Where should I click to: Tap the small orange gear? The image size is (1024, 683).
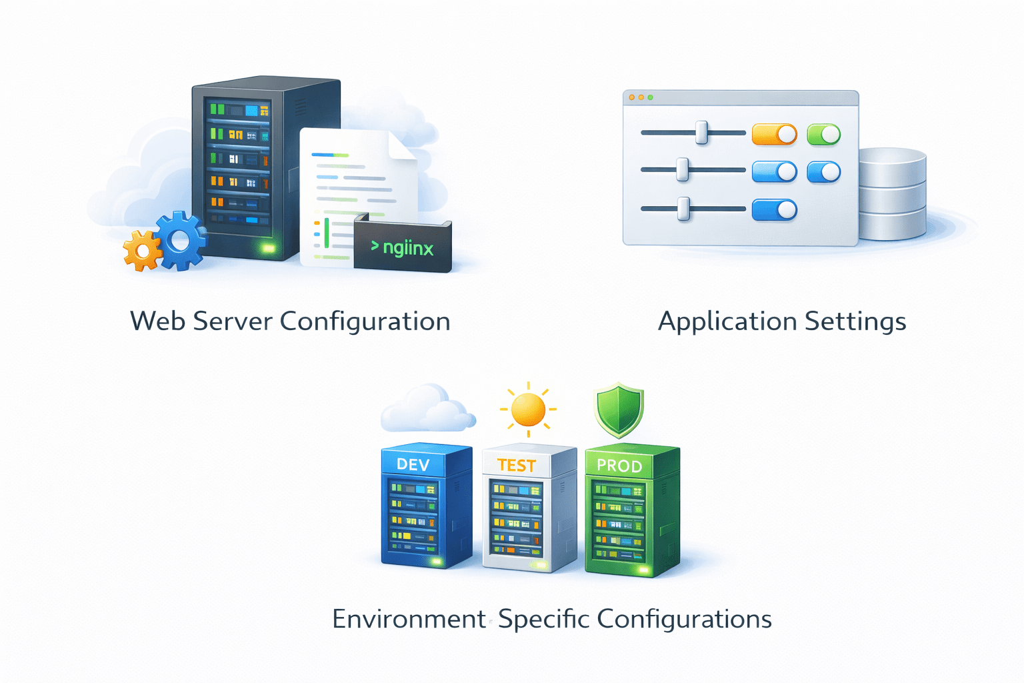tap(141, 251)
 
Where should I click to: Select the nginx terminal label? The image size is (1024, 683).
tap(403, 247)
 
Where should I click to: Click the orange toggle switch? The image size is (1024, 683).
tap(774, 135)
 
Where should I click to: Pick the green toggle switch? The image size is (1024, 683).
tap(823, 135)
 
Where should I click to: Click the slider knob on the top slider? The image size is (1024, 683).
tap(701, 132)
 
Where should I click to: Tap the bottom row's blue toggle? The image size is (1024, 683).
tap(774, 210)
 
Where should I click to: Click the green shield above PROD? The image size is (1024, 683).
tap(619, 409)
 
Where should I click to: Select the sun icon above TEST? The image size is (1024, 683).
tap(528, 410)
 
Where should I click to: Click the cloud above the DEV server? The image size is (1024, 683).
tap(427, 408)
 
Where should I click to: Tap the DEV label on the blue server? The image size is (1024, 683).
tap(413, 464)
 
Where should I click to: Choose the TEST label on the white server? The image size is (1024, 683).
tap(516, 465)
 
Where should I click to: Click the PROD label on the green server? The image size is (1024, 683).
tap(619, 466)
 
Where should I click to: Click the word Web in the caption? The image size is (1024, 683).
tap(157, 321)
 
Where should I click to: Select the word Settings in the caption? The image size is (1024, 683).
tap(855, 321)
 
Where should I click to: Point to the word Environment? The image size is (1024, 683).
tap(408, 619)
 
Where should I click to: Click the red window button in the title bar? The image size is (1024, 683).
tap(632, 97)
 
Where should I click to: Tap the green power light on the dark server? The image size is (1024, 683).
tap(268, 248)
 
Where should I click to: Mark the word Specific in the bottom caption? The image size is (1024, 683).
tap(543, 619)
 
